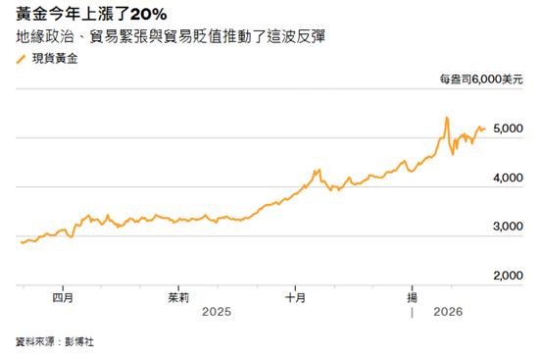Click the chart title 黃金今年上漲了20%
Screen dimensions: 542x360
coord(91,14)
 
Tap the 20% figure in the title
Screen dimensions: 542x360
coord(149,15)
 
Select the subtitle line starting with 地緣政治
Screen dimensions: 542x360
coord(171,36)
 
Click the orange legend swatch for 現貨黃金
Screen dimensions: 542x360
coord(22,60)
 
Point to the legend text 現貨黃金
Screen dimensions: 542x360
coord(55,59)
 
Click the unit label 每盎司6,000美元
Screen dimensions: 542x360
coord(481,79)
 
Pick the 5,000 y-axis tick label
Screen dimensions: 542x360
coord(508,129)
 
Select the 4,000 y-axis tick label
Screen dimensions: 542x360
coord(508,178)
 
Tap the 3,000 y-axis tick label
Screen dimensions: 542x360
coord(508,227)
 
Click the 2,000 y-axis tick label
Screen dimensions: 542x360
coord(508,276)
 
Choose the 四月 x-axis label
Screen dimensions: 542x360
coord(63,298)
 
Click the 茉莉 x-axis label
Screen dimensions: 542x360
coord(178,298)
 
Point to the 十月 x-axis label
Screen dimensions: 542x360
coord(295,298)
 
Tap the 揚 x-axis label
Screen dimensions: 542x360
coord(412,298)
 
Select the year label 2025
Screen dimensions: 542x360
coord(217,312)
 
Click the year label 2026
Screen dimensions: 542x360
coord(448,312)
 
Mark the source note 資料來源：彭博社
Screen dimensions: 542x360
coord(55,342)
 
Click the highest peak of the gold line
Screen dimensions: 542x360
coord(447,118)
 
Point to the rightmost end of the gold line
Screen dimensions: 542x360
coord(485,129)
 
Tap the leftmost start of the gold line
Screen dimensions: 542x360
coord(22,242)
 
